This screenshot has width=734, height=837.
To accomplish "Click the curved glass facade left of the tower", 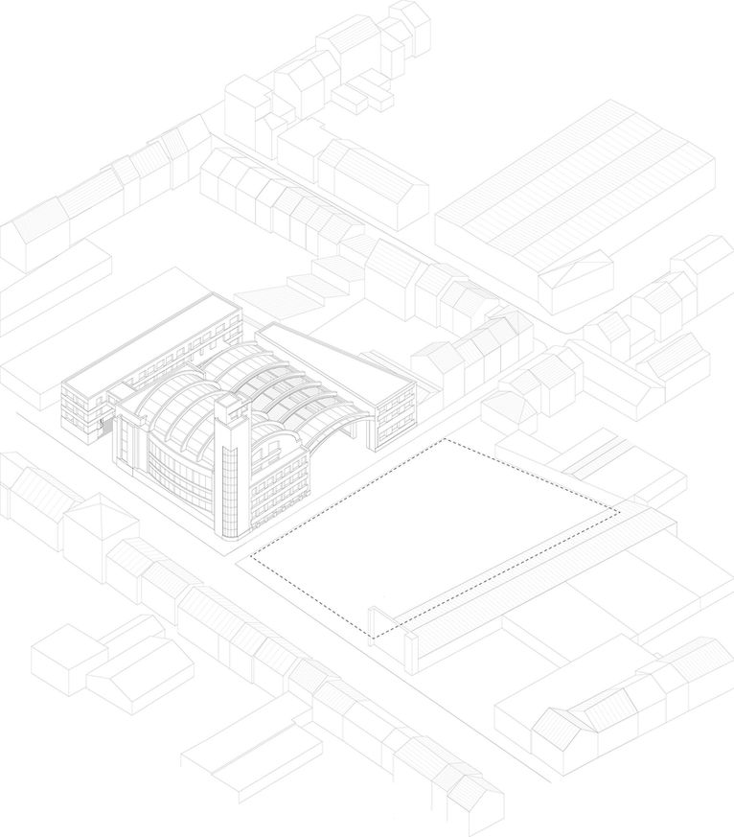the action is point(172,470).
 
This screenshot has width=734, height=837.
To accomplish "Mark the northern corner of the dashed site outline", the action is point(446,439).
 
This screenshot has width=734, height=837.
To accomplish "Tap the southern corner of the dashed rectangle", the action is point(374,638).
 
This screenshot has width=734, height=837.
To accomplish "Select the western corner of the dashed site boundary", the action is point(251,556).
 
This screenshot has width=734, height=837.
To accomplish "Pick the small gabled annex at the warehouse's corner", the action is point(575,280).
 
